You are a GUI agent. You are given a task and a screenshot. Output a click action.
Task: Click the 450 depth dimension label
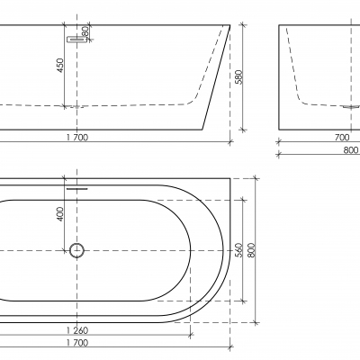(60, 66)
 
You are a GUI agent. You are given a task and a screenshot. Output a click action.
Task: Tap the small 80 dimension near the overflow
(85, 31)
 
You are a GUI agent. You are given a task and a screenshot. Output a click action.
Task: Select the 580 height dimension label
(238, 77)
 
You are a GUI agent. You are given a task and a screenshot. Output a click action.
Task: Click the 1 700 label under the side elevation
(77, 138)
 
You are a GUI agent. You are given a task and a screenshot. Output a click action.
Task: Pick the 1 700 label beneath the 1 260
(77, 342)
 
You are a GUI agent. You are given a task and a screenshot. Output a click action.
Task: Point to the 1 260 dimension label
(77, 330)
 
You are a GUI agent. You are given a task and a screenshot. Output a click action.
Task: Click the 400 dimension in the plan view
(60, 214)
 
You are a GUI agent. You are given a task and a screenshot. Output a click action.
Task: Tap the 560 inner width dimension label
(238, 250)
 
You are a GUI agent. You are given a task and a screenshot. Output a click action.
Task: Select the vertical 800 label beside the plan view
(251, 250)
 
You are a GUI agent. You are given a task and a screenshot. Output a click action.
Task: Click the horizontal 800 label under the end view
(351, 150)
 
